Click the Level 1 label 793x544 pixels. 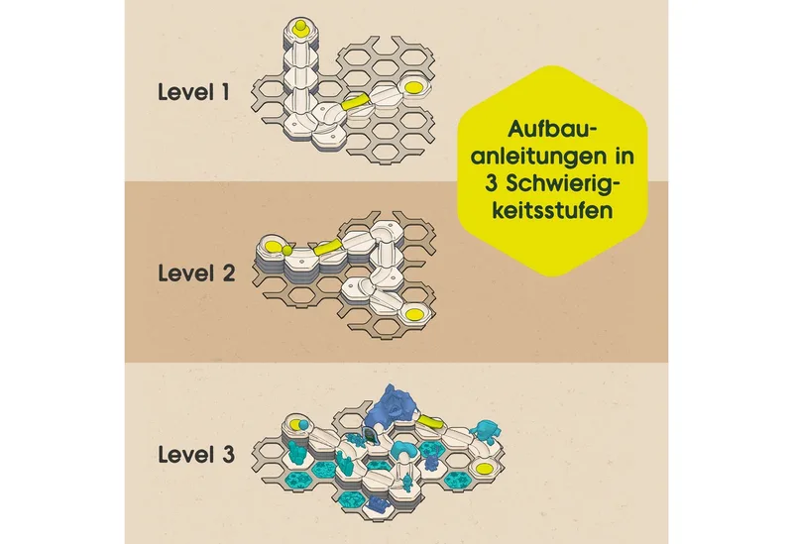point(193,92)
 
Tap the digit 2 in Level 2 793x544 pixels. point(227,273)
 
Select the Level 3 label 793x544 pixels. point(196,454)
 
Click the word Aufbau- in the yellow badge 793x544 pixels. point(552,129)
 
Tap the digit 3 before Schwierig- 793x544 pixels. point(491,183)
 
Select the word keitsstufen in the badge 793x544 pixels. point(552,210)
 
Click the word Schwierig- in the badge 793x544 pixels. point(562,184)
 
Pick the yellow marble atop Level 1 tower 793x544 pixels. point(300,26)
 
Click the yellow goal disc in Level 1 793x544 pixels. point(413,87)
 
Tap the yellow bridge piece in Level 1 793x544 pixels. point(356,102)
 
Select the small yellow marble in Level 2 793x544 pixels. point(286,251)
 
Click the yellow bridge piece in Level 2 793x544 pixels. point(328,247)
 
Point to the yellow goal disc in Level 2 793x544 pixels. point(414,313)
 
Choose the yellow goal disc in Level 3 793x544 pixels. point(484,468)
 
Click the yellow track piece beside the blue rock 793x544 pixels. point(430,422)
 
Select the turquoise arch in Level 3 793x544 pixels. point(405,449)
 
